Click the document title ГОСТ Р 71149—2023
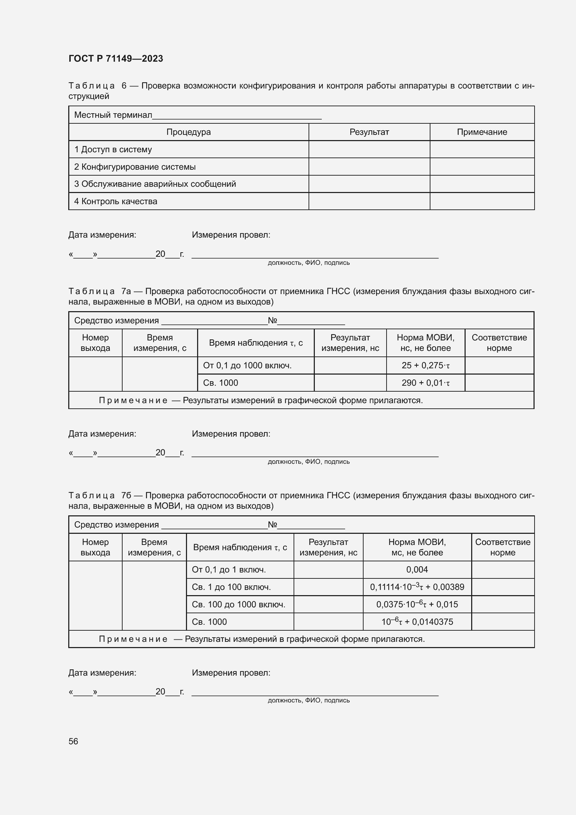(116, 59)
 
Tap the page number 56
(73, 741)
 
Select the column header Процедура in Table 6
(188, 132)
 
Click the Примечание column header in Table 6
(482, 132)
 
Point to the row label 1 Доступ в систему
(113, 149)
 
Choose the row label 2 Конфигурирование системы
(135, 167)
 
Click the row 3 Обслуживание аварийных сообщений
(155, 184)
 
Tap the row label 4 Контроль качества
(116, 201)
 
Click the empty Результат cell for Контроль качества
(369, 201)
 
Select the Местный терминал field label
(113, 115)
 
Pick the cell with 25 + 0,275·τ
(425, 366)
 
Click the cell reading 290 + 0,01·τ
(425, 383)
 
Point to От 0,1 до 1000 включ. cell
(247, 366)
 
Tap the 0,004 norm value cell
(417, 570)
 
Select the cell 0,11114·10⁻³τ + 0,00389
(417, 587)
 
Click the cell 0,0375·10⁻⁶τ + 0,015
(417, 605)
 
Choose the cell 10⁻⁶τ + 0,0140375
(417, 622)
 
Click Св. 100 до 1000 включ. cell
(238, 605)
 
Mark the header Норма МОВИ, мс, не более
(417, 547)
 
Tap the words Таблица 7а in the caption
(100, 291)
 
